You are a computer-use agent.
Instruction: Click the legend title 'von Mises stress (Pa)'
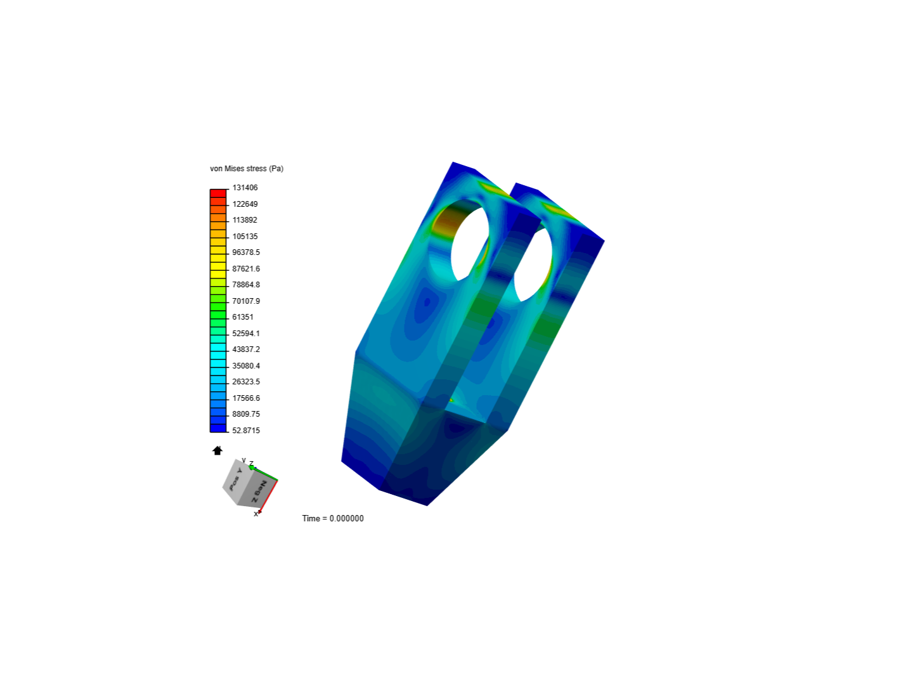tap(246, 169)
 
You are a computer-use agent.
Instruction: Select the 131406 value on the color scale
tap(245, 188)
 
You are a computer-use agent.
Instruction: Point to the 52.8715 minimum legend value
tap(246, 431)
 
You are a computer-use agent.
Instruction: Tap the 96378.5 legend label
tap(246, 252)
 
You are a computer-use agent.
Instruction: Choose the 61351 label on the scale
tap(242, 317)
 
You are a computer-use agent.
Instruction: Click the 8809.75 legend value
tap(246, 414)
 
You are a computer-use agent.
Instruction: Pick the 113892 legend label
tap(245, 220)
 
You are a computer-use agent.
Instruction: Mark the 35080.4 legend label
tap(246, 365)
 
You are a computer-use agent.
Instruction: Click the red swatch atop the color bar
tap(218, 193)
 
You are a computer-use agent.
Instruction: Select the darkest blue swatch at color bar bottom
tap(218, 428)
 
